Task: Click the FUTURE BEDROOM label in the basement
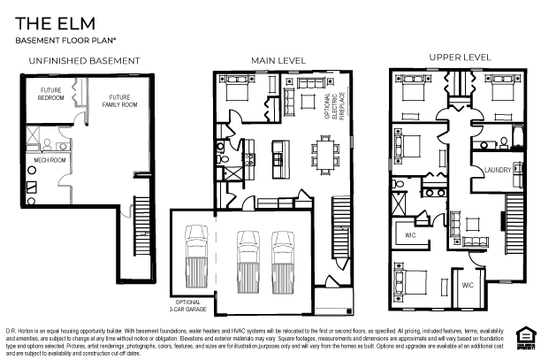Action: pos(50,94)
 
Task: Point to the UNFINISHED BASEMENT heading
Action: pos(84,60)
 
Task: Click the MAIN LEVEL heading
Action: pos(278,60)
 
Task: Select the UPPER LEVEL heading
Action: pos(460,57)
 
